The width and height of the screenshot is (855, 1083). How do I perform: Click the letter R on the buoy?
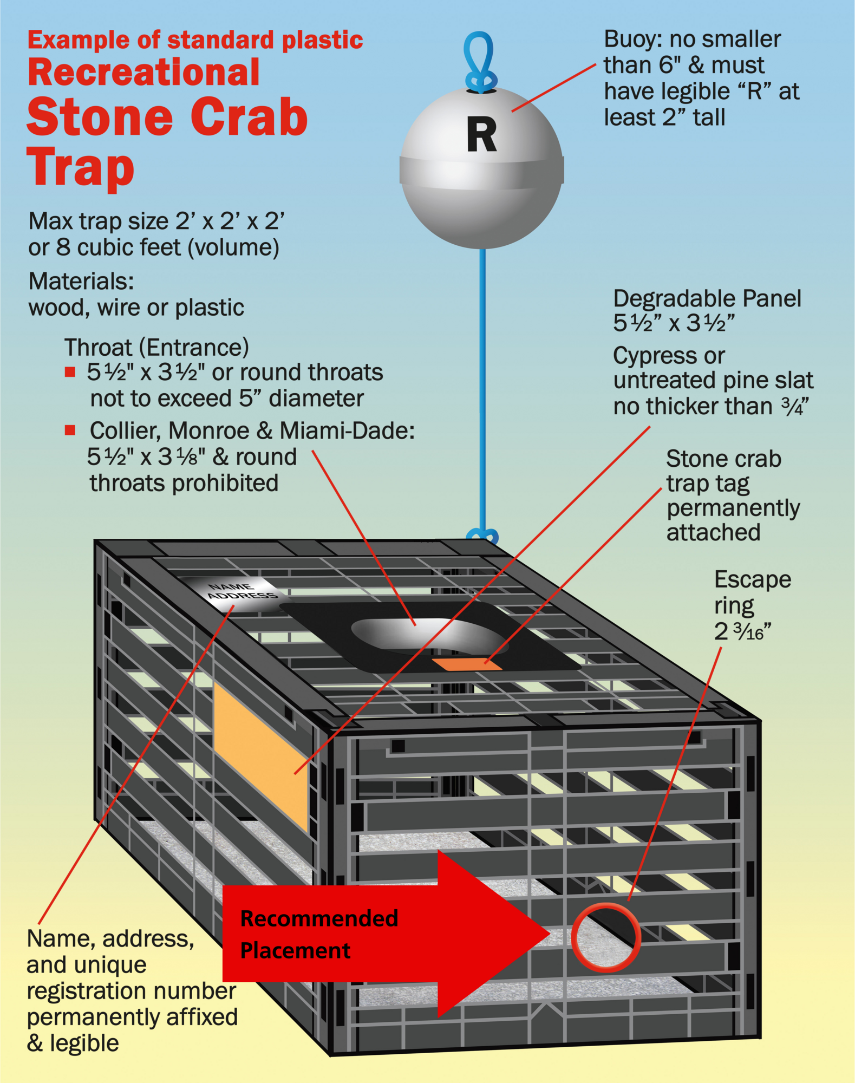click(x=481, y=135)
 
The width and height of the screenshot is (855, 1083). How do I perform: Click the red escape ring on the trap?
click(x=606, y=937)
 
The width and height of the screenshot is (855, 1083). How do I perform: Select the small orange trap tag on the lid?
click(x=466, y=664)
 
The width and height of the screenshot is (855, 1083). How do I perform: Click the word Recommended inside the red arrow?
click(x=319, y=919)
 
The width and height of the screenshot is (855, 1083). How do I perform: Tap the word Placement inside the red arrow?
click(x=295, y=951)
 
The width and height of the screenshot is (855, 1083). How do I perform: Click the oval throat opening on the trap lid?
click(x=428, y=634)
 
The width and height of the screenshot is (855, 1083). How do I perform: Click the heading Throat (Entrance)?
click(x=156, y=347)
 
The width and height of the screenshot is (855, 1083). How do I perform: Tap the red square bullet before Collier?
click(x=70, y=430)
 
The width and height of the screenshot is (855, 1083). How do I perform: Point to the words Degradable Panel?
click(x=707, y=298)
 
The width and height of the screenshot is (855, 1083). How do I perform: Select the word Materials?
click(x=81, y=281)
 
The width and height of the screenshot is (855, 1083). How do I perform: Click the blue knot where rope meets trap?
click(x=482, y=536)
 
